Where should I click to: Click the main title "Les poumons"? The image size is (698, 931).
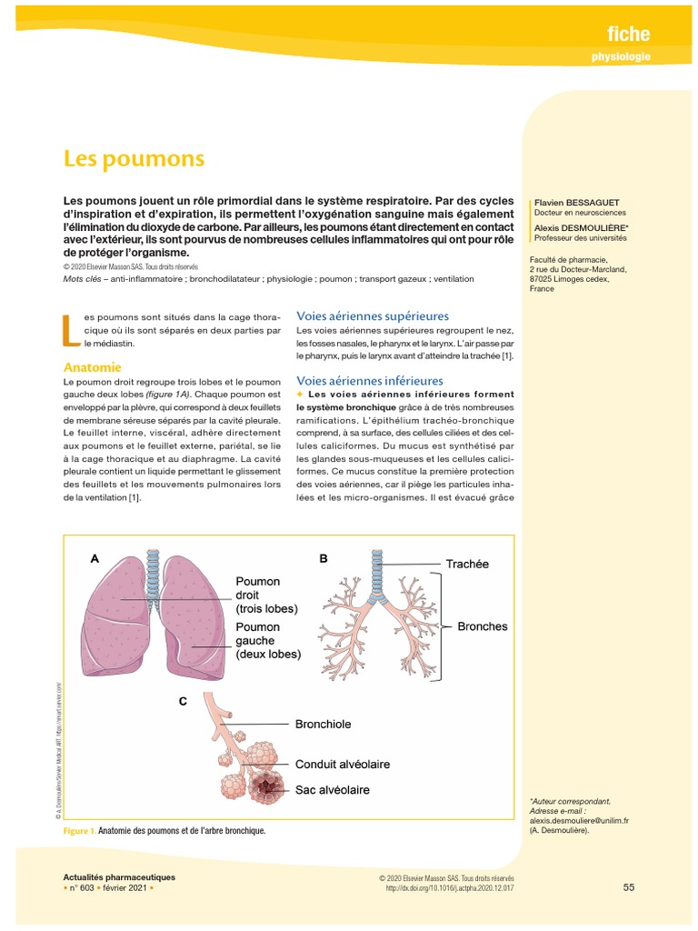coord(134,159)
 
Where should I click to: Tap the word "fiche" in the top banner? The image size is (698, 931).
coord(628,34)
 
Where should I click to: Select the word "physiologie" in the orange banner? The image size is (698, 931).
coord(621,58)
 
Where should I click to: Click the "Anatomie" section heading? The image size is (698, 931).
coord(92,368)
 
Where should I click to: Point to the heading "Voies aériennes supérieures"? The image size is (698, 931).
coord(373,315)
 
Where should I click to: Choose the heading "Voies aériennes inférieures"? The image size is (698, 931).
coord(370,380)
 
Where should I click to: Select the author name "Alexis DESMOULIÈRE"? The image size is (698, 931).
coord(575,227)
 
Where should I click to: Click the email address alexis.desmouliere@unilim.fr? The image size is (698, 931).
coord(579,820)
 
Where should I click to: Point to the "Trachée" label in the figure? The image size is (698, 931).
coord(467,564)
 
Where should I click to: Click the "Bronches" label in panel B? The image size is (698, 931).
coord(483,626)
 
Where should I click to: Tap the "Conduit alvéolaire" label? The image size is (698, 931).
coord(343,765)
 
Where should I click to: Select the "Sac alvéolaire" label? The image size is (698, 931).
coord(332,790)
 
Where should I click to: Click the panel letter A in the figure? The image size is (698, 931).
coord(94,559)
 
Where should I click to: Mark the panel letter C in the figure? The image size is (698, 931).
coord(183,701)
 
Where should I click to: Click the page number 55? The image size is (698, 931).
coord(629,886)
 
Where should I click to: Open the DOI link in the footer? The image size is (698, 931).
coord(450,887)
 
